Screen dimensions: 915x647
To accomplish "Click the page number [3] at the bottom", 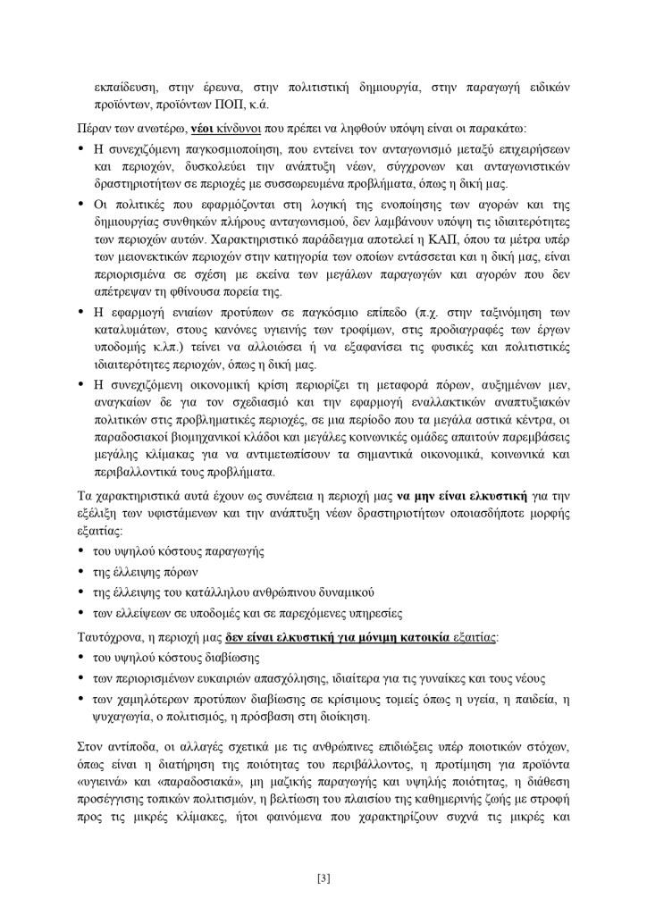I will click(x=323, y=877).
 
